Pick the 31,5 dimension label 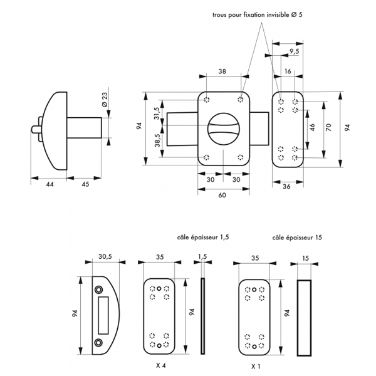tap(157, 117)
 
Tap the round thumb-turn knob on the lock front tap(223, 129)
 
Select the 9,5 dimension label tap(294, 51)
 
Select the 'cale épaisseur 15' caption tap(297, 238)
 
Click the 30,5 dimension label tap(106, 256)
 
